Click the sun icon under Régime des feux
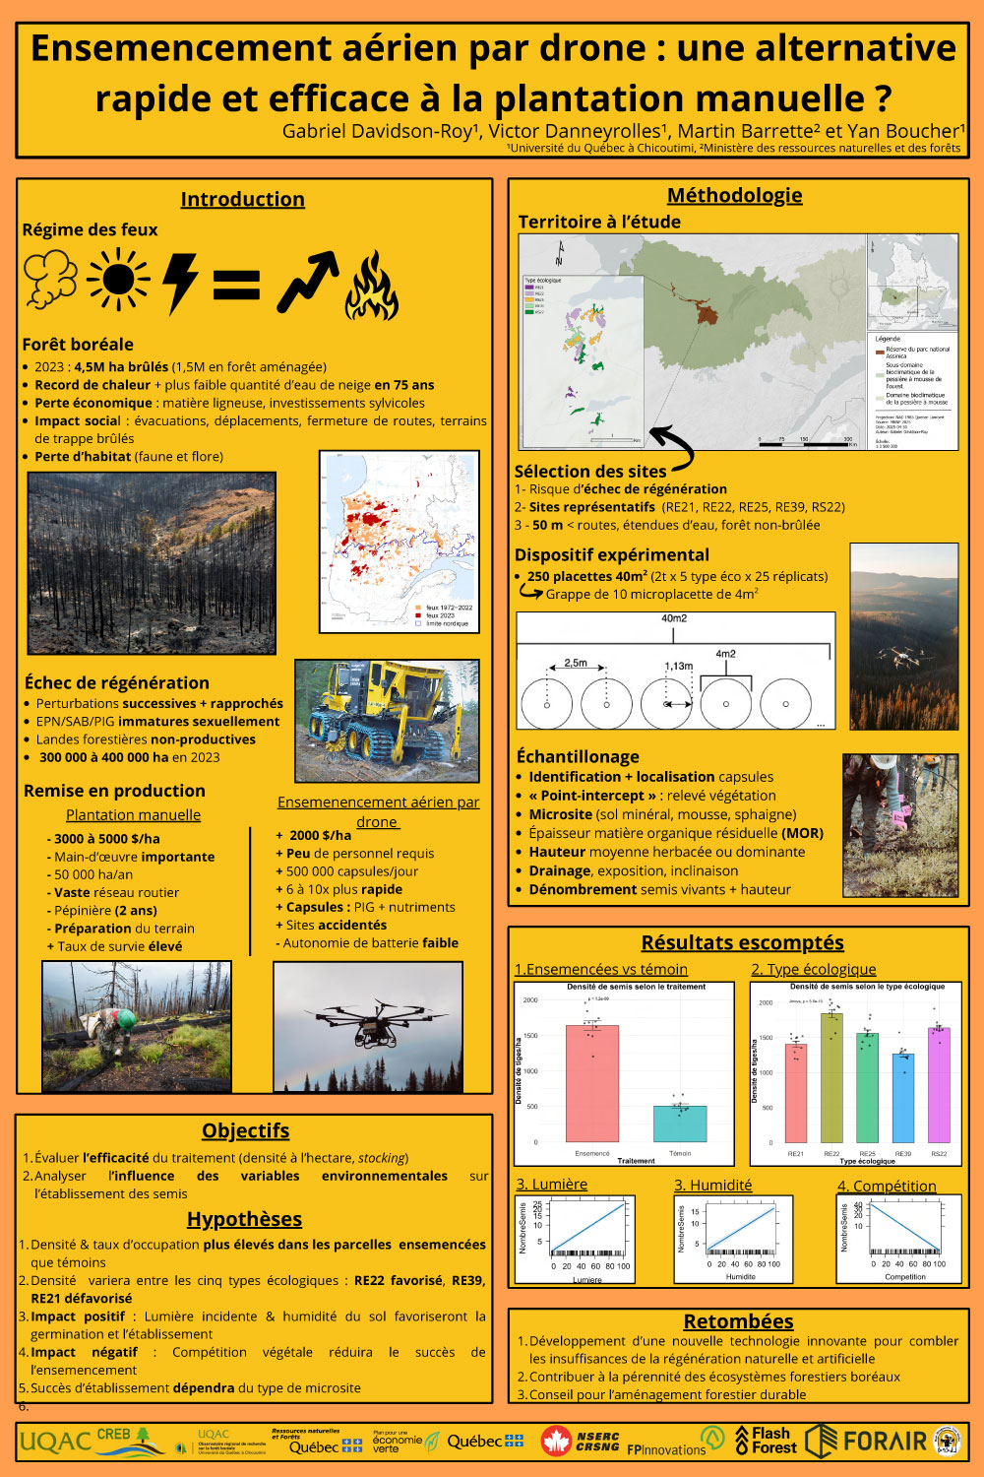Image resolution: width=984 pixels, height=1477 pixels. pyautogui.click(x=118, y=282)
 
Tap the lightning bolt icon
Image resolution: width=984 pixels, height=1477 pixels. pyautogui.click(x=180, y=284)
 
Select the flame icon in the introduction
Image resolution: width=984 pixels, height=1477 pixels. pyautogui.click(x=371, y=286)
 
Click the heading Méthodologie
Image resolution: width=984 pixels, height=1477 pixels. pyautogui.click(x=734, y=195)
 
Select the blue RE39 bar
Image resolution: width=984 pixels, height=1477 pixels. pyautogui.click(x=903, y=1097)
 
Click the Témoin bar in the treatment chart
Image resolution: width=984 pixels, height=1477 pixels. pyautogui.click(x=680, y=1123)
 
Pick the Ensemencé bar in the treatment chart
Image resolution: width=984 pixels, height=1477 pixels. pyautogui.click(x=592, y=1083)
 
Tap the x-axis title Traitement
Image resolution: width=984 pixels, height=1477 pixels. pyautogui.click(x=636, y=1161)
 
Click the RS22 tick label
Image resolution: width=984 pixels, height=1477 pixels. pyautogui.click(x=939, y=1153)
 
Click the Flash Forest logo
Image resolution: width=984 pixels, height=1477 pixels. pyautogui.click(x=767, y=1441)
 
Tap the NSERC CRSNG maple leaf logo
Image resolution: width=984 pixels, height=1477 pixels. pyautogui.click(x=557, y=1442)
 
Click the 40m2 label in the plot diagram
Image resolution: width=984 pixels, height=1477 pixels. pyautogui.click(x=674, y=618)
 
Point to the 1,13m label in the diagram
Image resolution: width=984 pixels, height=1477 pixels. pyautogui.click(x=678, y=667)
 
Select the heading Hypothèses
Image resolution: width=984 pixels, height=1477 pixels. pyautogui.click(x=244, y=1219)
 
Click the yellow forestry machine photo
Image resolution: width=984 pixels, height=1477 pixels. pyautogui.click(x=387, y=721)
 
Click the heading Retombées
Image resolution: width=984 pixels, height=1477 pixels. pyautogui.click(x=738, y=1321)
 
